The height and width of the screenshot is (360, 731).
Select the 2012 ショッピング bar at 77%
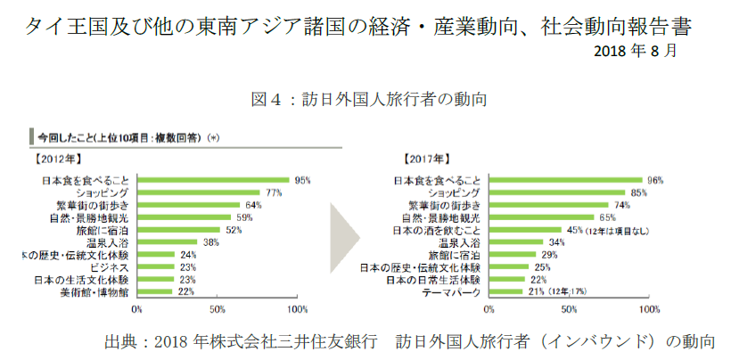(199, 192)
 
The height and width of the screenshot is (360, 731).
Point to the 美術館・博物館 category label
(94, 292)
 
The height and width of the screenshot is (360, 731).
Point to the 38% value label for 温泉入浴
(210, 242)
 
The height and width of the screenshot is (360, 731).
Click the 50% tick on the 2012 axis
(216, 309)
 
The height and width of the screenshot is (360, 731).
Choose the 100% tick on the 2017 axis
(646, 309)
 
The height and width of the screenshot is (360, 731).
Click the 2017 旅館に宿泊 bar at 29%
(511, 255)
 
